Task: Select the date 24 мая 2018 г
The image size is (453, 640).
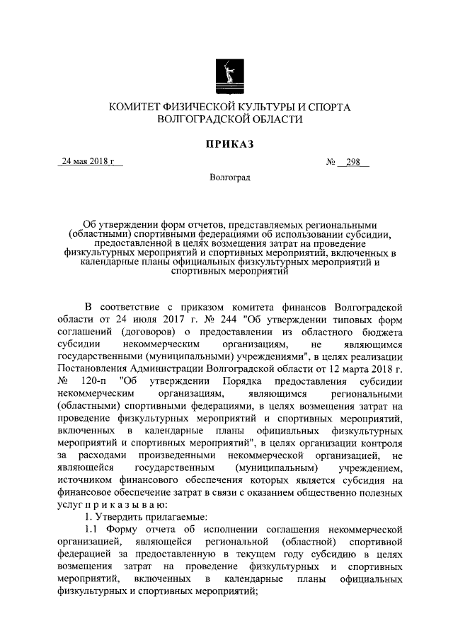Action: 89,161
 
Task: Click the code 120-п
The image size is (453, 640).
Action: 95,380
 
